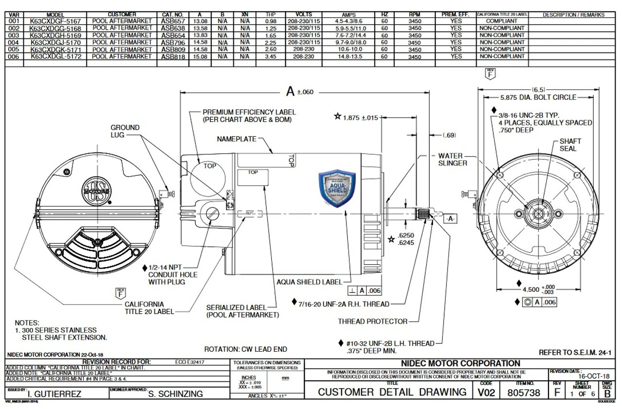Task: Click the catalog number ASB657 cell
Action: click(x=172, y=22)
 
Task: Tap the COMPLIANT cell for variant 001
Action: click(x=502, y=22)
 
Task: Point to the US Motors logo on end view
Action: click(x=93, y=187)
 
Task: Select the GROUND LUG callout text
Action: click(x=125, y=131)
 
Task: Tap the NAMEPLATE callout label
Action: click(x=237, y=139)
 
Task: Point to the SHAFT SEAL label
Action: click(x=570, y=145)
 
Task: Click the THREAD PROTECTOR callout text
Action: click(x=373, y=322)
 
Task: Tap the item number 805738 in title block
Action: click(x=523, y=392)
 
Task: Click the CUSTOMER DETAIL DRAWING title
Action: click(x=392, y=392)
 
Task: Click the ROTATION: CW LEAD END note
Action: click(x=245, y=349)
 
